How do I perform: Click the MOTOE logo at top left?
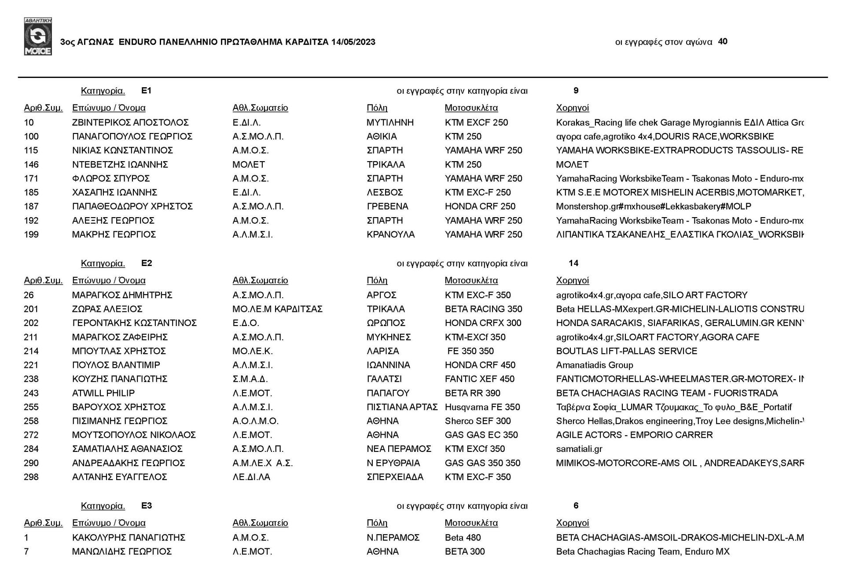(x=38, y=37)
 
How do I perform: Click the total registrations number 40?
(x=722, y=41)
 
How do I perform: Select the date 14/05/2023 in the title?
(x=353, y=42)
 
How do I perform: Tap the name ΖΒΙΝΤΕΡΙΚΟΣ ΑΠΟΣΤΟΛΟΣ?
(x=130, y=122)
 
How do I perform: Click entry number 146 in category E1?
(x=31, y=164)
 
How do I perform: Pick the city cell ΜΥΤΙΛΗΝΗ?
(x=390, y=122)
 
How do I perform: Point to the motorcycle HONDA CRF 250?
(x=480, y=206)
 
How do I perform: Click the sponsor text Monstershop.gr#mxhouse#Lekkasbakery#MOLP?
(x=653, y=206)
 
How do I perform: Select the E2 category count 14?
(x=573, y=263)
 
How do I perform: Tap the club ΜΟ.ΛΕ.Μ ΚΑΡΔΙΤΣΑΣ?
(x=277, y=309)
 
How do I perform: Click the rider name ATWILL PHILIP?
(x=103, y=393)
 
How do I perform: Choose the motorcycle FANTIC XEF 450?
(x=479, y=379)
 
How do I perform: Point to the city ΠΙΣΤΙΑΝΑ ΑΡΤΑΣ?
(x=402, y=407)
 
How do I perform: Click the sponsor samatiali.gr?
(x=579, y=449)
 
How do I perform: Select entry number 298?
(x=31, y=477)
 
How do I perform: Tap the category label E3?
(x=147, y=505)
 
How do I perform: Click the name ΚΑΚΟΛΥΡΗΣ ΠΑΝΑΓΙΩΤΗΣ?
(x=129, y=537)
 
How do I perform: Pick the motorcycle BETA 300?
(x=464, y=551)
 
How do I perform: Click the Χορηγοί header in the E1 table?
(x=572, y=108)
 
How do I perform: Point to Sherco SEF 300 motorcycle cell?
(x=478, y=421)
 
